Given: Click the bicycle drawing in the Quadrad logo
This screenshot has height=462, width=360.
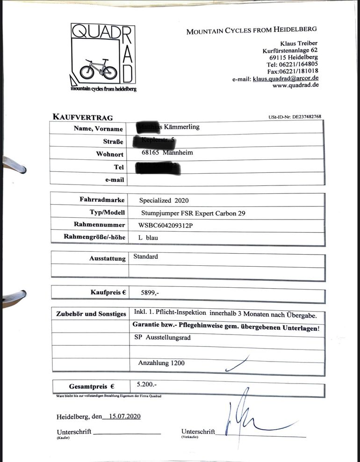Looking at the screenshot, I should (98, 70).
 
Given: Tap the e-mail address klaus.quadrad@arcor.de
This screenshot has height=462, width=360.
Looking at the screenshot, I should (286, 78).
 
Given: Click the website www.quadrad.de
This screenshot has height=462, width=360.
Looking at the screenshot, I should (295, 85).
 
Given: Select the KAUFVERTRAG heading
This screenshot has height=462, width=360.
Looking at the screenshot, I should (82, 117).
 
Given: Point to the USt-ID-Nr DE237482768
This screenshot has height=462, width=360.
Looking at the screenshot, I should (295, 117).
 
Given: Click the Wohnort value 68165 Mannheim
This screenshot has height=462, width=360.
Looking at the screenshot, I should (167, 152).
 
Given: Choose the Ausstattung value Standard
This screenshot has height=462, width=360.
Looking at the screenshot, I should (146, 256).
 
